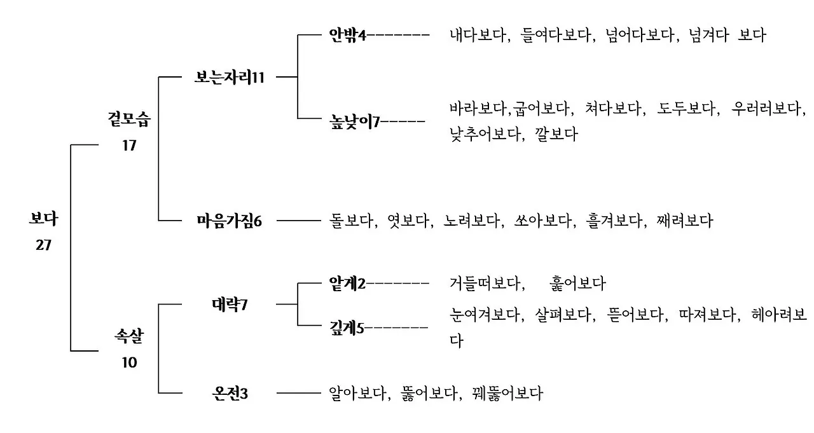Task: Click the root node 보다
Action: pyautogui.click(x=43, y=219)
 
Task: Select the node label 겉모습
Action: pyautogui.click(x=129, y=119)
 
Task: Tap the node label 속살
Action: pyautogui.click(x=129, y=336)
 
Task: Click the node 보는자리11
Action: pyautogui.click(x=229, y=78)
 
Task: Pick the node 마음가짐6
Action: pyautogui.click(x=229, y=221)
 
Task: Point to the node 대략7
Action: pyautogui.click(x=229, y=305)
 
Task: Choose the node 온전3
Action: pyautogui.click(x=230, y=394)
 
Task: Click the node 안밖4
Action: pyautogui.click(x=347, y=35)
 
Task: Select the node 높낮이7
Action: pyautogui.click(x=354, y=121)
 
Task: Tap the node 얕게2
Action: pyautogui.click(x=347, y=283)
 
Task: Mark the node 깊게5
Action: pyautogui.click(x=347, y=328)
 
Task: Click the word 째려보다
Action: pyautogui.click(x=685, y=221)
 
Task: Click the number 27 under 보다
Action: pyautogui.click(x=43, y=245)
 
